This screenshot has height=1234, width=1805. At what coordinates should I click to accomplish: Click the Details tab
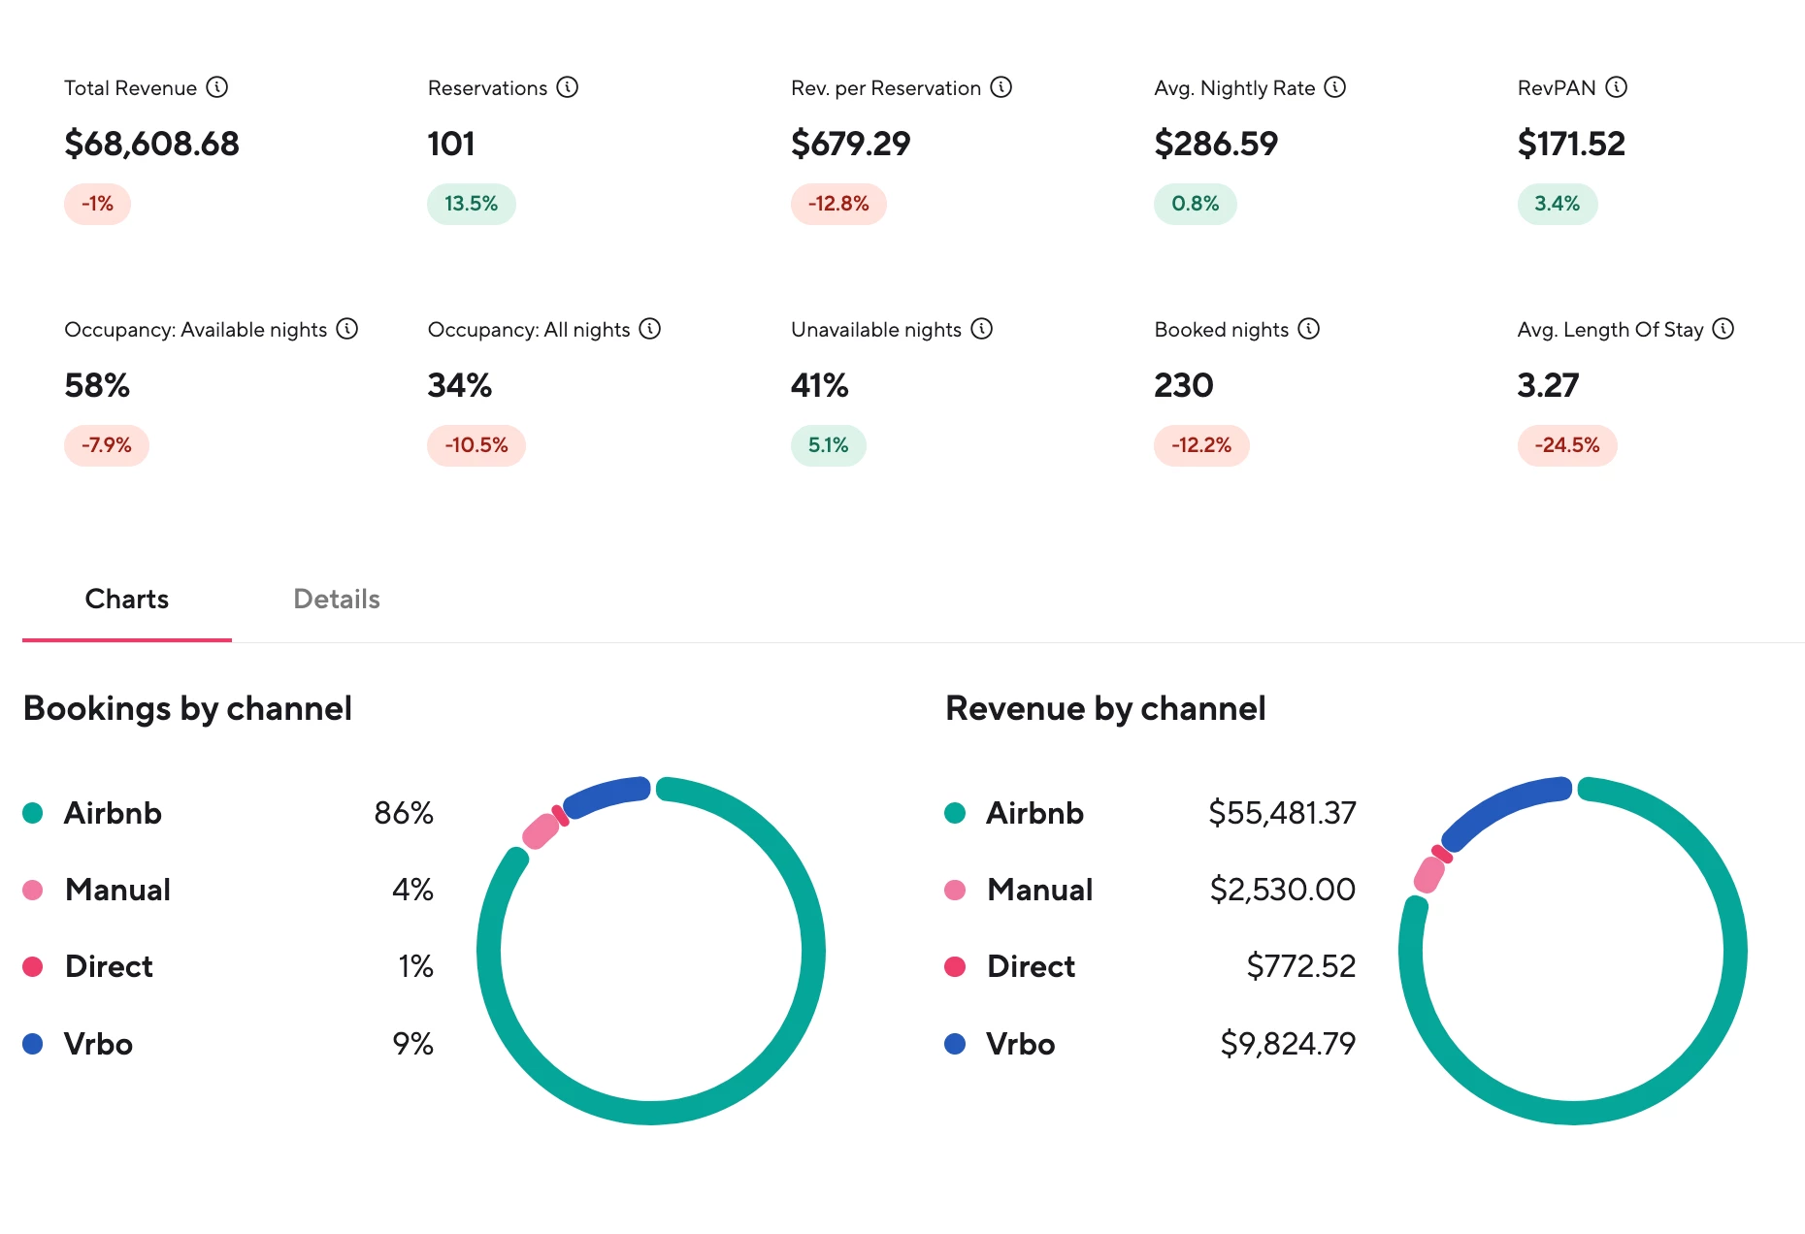pyautogui.click(x=336, y=600)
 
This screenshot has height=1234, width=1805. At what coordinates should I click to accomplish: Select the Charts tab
pyautogui.click(x=127, y=600)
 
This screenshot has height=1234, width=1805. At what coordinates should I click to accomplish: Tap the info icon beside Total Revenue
pyautogui.click(x=217, y=87)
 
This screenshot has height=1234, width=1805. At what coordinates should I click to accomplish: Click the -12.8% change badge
pyautogui.click(x=838, y=204)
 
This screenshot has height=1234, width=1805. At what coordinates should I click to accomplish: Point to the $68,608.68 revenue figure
pyautogui.click(x=151, y=144)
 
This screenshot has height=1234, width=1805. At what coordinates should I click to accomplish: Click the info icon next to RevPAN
pyautogui.click(x=1616, y=87)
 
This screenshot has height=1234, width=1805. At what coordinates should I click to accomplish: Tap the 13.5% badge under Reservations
pyautogui.click(x=471, y=204)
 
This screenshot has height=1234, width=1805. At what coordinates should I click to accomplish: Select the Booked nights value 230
pyautogui.click(x=1183, y=386)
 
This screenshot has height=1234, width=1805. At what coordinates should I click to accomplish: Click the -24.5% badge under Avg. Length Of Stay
pyautogui.click(x=1567, y=445)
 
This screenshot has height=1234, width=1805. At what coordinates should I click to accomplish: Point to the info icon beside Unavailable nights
pyautogui.click(x=982, y=329)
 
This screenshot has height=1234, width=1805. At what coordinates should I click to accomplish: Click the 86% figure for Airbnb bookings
pyautogui.click(x=404, y=813)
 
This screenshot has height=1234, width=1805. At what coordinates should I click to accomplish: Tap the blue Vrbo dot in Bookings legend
pyautogui.click(x=33, y=1044)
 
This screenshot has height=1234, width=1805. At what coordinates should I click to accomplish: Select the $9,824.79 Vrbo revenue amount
pyautogui.click(x=1288, y=1044)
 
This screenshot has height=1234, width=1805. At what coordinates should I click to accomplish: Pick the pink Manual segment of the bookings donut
pyautogui.click(x=541, y=830)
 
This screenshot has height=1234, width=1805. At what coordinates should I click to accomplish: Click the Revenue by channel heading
pyautogui.click(x=1105, y=709)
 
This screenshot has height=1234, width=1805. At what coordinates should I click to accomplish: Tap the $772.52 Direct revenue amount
pyautogui.click(x=1300, y=966)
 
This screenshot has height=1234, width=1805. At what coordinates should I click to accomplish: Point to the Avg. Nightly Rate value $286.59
pyautogui.click(x=1216, y=144)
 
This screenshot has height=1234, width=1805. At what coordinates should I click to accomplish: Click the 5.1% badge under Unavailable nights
pyautogui.click(x=829, y=445)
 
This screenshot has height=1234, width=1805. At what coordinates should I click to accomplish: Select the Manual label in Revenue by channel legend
pyautogui.click(x=1039, y=890)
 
